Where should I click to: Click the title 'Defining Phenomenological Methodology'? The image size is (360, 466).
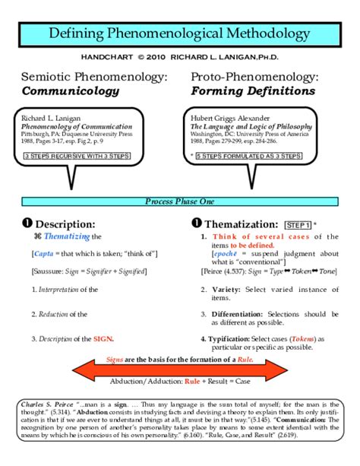pos(180,34)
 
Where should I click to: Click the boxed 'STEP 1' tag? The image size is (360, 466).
pos(297,226)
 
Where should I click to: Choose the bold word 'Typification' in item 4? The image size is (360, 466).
pos(229,338)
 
